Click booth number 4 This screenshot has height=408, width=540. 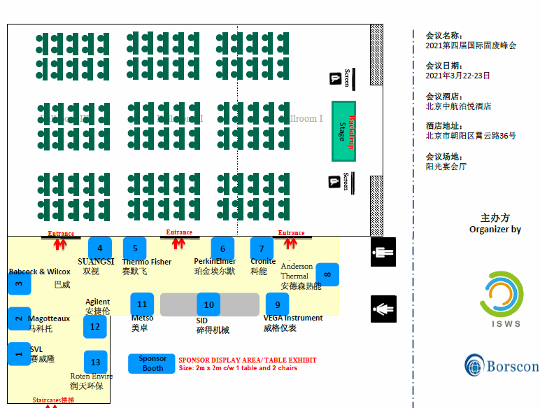point(100,248)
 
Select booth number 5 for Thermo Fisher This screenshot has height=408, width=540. point(134,248)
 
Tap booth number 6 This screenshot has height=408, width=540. point(222,248)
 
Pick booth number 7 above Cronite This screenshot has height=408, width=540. point(262,248)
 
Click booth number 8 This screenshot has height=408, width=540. point(327,274)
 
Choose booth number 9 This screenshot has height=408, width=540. point(277,304)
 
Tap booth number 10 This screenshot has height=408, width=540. point(208,304)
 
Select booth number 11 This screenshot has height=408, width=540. point(142,304)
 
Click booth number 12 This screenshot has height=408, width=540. point(95,326)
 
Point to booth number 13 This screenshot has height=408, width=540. point(96,362)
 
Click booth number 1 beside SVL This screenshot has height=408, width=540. point(19,353)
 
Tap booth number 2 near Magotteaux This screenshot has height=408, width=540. point(19,318)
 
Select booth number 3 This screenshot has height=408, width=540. point(19,283)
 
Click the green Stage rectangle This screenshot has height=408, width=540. point(343,131)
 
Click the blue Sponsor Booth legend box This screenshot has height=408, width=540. point(152,363)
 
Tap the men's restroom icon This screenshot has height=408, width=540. point(383,252)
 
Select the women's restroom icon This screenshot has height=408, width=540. point(383,309)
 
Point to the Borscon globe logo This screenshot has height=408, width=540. point(474,365)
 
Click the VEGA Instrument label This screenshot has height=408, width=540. point(293,318)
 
